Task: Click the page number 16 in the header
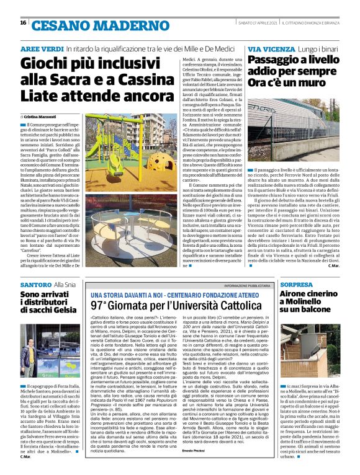(23, 22)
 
